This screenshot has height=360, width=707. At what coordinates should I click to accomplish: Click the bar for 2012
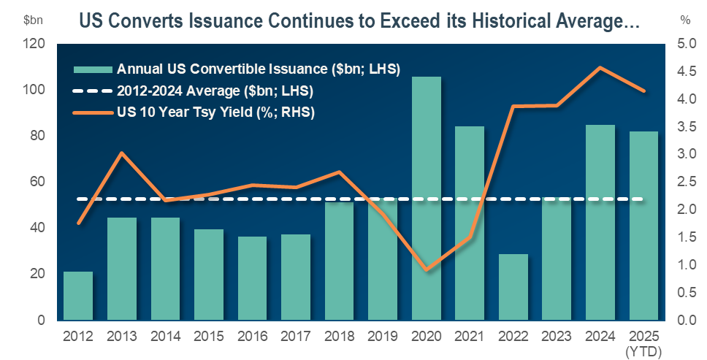click(x=78, y=296)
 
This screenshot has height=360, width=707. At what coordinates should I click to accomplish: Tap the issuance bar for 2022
click(x=513, y=287)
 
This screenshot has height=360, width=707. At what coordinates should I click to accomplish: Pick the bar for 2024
click(x=600, y=223)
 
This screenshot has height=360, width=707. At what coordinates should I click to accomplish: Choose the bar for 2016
click(x=252, y=278)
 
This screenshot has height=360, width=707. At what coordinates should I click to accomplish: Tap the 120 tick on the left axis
click(x=36, y=44)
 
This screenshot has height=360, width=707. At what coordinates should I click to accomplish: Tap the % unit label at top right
click(x=685, y=20)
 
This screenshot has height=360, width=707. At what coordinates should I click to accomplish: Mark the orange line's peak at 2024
click(x=600, y=68)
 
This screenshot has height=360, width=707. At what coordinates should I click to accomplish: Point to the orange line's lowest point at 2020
click(x=426, y=270)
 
